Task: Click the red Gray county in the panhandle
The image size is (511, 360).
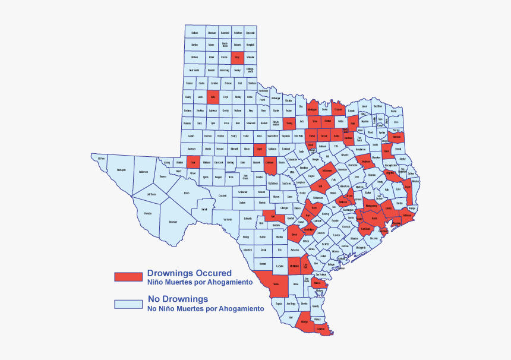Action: click(238, 58)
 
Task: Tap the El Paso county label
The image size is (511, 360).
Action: click(102, 159)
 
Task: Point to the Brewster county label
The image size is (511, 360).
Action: click(173, 222)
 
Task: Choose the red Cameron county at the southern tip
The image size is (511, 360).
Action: click(321, 329)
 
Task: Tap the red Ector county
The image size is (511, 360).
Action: click(193, 162)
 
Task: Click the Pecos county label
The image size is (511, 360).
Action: click(187, 193)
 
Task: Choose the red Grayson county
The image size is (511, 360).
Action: click(338, 110)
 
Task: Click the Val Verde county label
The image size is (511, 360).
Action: click(228, 219)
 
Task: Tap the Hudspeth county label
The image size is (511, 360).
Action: click(122, 170)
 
